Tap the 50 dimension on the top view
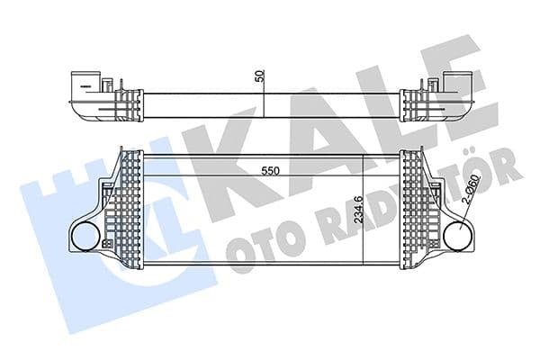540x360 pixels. [260, 78]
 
